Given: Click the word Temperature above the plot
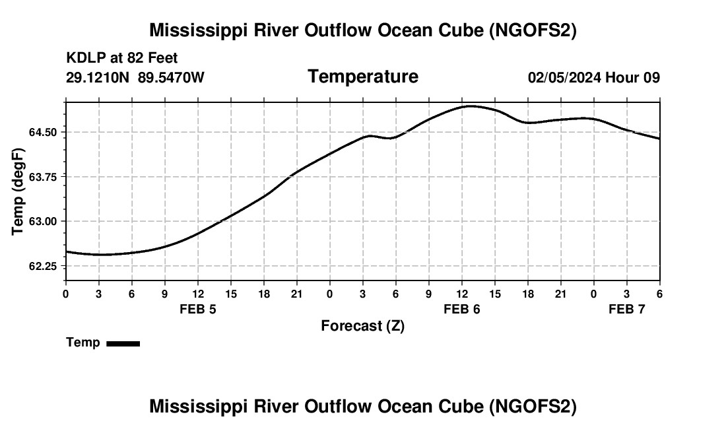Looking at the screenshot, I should (x=363, y=77).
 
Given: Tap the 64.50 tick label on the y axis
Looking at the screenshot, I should (x=43, y=133).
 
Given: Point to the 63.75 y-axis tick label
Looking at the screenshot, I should (x=43, y=177).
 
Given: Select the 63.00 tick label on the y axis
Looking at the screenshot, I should (x=43, y=222).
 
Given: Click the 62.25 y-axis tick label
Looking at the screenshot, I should (x=43, y=266).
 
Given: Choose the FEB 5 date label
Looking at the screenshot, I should (x=197, y=309).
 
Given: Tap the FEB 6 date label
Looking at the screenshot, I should (x=461, y=309).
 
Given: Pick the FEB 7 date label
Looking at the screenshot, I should (x=626, y=309).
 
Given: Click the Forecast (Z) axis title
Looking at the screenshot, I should (x=362, y=325).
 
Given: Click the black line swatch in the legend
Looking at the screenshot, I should (x=123, y=343).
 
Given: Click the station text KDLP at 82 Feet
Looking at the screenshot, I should (x=122, y=59).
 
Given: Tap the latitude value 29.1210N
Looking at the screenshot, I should (x=98, y=78).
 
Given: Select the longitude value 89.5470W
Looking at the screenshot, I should (x=171, y=78).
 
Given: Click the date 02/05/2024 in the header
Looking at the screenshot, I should (x=564, y=78).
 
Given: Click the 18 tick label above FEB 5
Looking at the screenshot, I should (x=263, y=294).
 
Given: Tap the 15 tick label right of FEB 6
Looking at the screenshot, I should (x=494, y=294).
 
